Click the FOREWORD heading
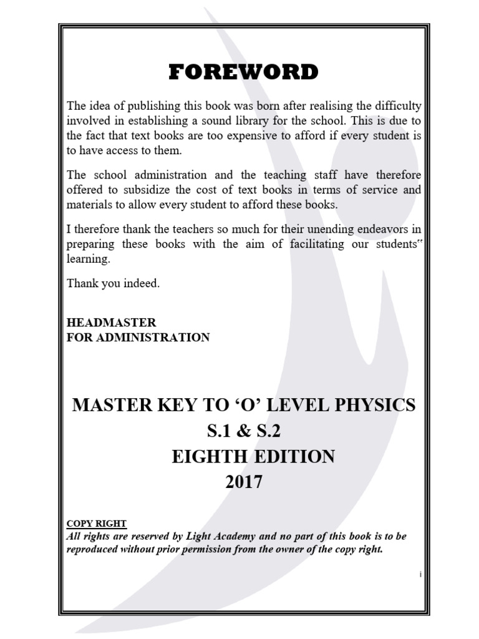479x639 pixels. tap(243, 72)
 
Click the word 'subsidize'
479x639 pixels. tap(133, 190)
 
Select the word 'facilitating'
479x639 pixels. tap(318, 244)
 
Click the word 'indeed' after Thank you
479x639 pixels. tap(142, 283)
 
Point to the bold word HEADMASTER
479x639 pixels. tap(111, 323)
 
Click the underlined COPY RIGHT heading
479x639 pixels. tap(96, 524)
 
